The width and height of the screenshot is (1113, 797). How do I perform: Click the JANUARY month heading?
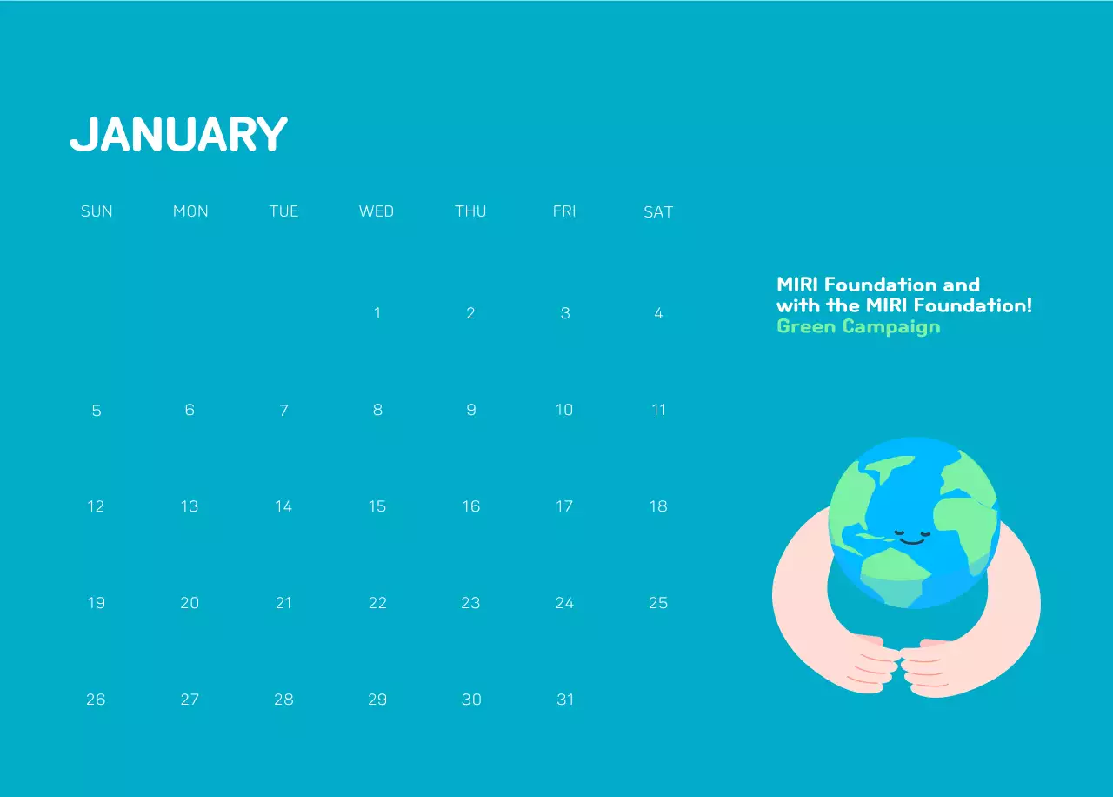[x=178, y=135]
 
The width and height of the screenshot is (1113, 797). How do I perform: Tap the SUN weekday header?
[x=97, y=211]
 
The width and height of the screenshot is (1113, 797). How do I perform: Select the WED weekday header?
[x=377, y=211]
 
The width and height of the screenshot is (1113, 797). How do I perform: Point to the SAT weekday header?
[x=658, y=211]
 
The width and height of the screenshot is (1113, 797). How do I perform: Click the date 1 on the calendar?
[x=377, y=313]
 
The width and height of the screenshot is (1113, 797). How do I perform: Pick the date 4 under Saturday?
[x=658, y=313]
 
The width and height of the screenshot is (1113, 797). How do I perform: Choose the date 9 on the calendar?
[x=471, y=410]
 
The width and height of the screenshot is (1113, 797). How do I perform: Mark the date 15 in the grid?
[x=377, y=506]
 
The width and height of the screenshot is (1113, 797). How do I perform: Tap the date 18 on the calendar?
[x=658, y=506]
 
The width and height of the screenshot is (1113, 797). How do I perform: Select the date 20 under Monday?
[x=190, y=603]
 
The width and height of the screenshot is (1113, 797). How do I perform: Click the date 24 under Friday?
[x=564, y=603]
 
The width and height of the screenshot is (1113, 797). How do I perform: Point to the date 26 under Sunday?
[x=96, y=700]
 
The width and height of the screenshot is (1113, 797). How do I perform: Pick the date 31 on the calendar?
[x=565, y=700]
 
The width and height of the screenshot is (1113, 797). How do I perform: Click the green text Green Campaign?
[x=858, y=327]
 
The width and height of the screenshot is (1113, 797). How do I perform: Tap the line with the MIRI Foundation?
[x=904, y=305]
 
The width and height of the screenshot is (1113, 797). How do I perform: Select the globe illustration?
[x=913, y=522]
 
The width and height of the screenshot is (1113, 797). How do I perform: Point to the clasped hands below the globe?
[x=900, y=666]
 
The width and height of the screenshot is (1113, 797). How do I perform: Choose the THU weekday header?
[x=470, y=211]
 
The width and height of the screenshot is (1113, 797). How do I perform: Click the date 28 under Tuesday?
[x=283, y=700]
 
